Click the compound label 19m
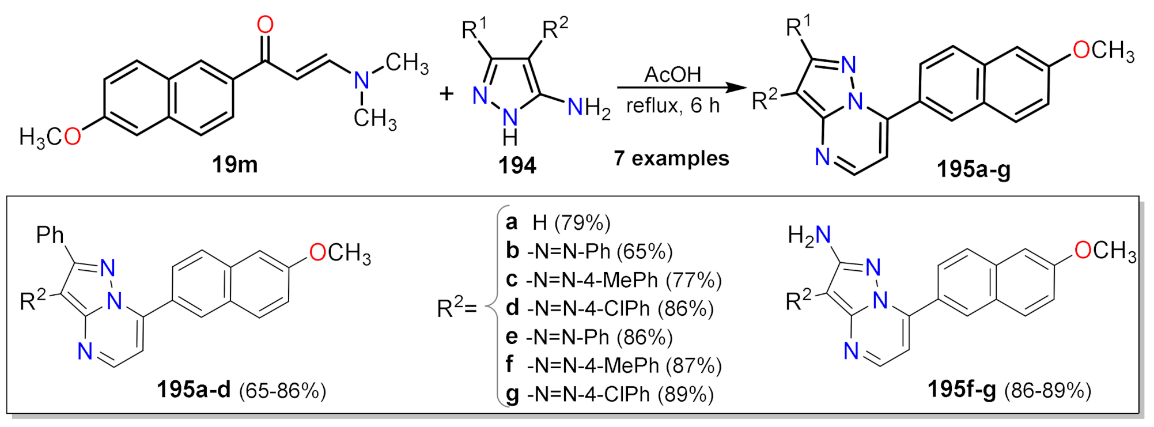click(234, 165)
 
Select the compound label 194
click(517, 166)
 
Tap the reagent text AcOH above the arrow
click(672, 74)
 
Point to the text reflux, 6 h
click(673, 105)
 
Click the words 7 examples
click(671, 158)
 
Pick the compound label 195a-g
click(973, 169)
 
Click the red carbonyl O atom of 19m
click(265, 25)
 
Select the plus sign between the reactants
click(446, 93)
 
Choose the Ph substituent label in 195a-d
click(50, 235)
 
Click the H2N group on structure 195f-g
click(809, 235)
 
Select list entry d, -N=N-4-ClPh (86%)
click(610, 308)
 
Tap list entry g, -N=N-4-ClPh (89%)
click(610, 394)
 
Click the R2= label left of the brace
click(456, 308)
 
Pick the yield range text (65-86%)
click(282, 391)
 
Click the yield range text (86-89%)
click(1047, 391)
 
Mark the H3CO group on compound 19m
click(50, 137)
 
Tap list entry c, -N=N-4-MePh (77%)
click(614, 280)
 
